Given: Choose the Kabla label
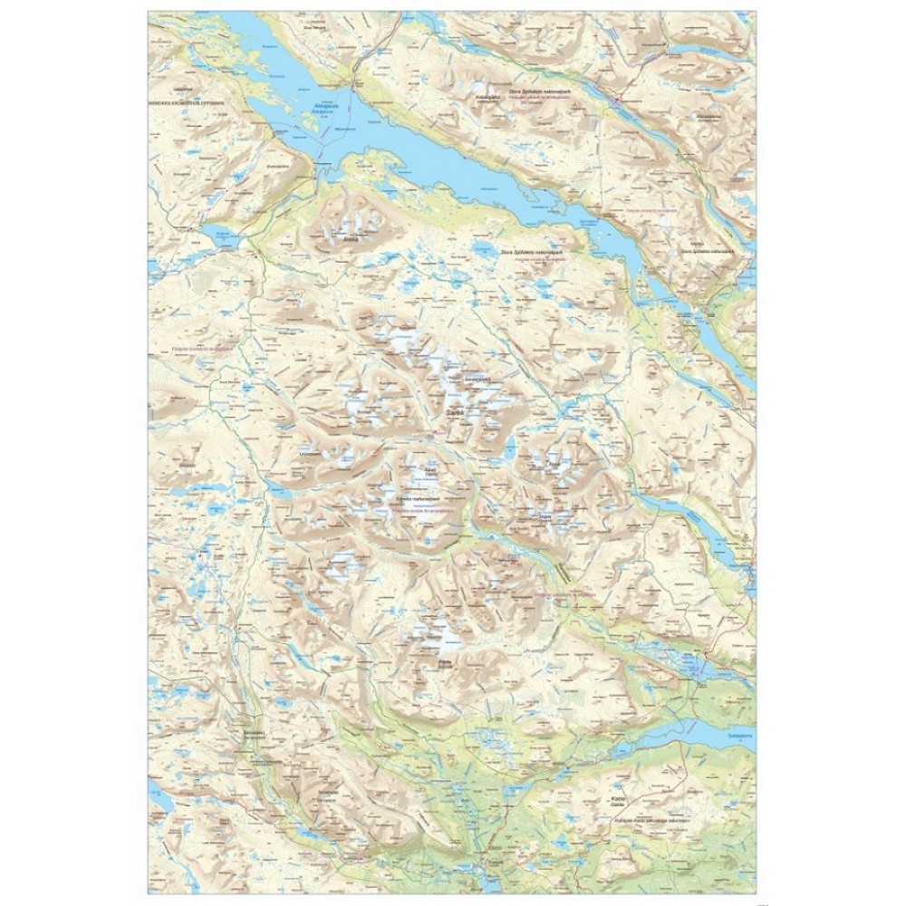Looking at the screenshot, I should click(620, 800).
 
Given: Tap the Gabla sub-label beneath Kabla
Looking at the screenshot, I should click(620, 807).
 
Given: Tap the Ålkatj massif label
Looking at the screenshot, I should click(554, 466).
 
